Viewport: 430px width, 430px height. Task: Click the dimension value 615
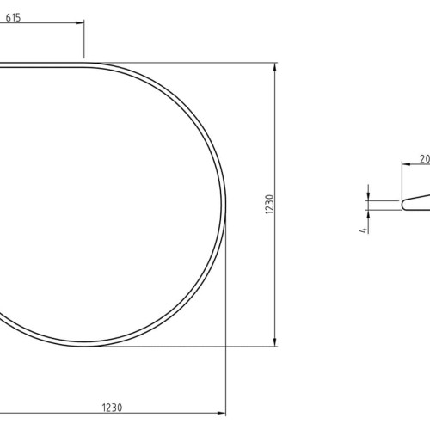[13, 18]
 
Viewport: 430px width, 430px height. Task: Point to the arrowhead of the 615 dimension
[80, 22]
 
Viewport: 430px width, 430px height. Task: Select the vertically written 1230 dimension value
[270, 204]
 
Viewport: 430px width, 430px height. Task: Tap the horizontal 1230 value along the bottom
[112, 408]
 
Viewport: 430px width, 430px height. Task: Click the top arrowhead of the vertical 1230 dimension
[275, 67]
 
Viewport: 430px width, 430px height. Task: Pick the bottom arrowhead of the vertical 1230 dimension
[275, 342]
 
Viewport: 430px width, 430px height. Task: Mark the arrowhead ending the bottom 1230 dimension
[222, 413]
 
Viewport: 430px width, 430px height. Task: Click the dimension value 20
[425, 159]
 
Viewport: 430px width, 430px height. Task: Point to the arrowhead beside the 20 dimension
[406, 164]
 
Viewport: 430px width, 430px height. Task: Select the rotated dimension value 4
[364, 230]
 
